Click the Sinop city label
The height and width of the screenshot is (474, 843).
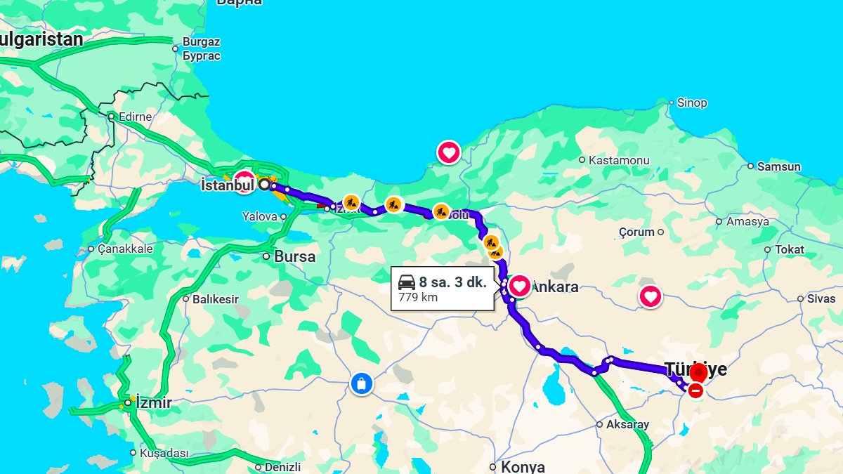tap(691, 103)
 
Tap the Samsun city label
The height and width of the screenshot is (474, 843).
tap(778, 167)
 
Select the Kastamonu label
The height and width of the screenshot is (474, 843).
tap(618, 160)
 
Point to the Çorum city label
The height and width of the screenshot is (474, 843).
tap(636, 232)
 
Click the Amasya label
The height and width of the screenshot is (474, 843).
tap(747, 222)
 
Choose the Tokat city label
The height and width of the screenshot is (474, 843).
tap(789, 249)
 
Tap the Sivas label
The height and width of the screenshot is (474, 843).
tap(821, 298)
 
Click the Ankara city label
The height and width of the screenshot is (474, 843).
tap(556, 287)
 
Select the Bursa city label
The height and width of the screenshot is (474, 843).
tap(294, 257)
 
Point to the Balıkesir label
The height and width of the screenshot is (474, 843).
tap(215, 299)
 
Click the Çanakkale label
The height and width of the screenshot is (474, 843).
tap(125, 249)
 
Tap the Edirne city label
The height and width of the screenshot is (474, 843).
tap(135, 117)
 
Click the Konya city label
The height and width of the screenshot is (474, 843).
tap(522, 466)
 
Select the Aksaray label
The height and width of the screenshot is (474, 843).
tap(627, 424)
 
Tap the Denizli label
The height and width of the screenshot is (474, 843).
tap(282, 467)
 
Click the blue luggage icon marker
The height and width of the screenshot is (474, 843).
tap(362, 384)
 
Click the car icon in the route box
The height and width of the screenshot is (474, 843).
tap(407, 283)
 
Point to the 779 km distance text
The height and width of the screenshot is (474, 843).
tap(418, 297)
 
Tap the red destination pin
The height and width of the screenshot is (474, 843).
tap(698, 374)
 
